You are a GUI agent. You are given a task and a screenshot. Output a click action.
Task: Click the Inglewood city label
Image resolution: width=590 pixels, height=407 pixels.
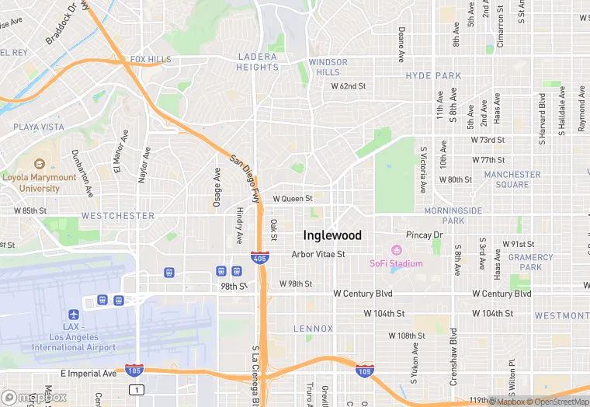coord(332,235)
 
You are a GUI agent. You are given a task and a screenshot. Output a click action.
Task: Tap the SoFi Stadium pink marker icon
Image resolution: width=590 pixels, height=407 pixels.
coord(396,250)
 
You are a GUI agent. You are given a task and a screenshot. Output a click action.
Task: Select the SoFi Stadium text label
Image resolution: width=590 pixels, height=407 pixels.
coord(396,263)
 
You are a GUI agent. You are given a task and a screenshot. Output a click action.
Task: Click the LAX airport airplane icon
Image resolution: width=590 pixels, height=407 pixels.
coord(74,315)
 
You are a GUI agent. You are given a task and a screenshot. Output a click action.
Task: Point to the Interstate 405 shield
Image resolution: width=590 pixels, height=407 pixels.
coord(260,256)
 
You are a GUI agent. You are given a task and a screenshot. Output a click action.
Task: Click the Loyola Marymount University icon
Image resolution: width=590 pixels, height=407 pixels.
coord(40,164)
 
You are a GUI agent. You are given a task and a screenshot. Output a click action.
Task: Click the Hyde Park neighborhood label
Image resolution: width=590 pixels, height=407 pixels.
coord(433,76)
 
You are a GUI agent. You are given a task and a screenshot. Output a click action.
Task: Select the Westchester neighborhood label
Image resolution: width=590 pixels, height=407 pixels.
coord(118,215)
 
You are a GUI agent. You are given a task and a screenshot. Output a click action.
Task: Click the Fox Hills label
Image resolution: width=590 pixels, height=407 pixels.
coord(151,59)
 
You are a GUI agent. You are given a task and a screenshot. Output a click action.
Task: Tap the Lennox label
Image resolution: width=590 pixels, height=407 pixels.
coord(313,329)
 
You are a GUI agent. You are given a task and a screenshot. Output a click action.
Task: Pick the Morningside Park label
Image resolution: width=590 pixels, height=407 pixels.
coord(453,215)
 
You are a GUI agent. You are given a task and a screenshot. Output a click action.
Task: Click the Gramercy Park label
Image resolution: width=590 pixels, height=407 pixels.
coord(531,262)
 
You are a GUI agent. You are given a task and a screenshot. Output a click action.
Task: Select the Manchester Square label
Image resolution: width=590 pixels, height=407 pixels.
coord(512,179)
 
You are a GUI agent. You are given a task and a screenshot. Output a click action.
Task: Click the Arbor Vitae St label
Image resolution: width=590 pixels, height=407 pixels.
coord(318,254)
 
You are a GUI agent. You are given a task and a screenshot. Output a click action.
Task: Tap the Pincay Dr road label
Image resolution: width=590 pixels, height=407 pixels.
coord(424,235)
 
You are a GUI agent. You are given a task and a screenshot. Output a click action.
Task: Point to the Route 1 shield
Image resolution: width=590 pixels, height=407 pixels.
coord(137,389)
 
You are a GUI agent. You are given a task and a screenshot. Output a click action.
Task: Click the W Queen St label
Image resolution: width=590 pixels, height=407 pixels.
coord(292,199)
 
